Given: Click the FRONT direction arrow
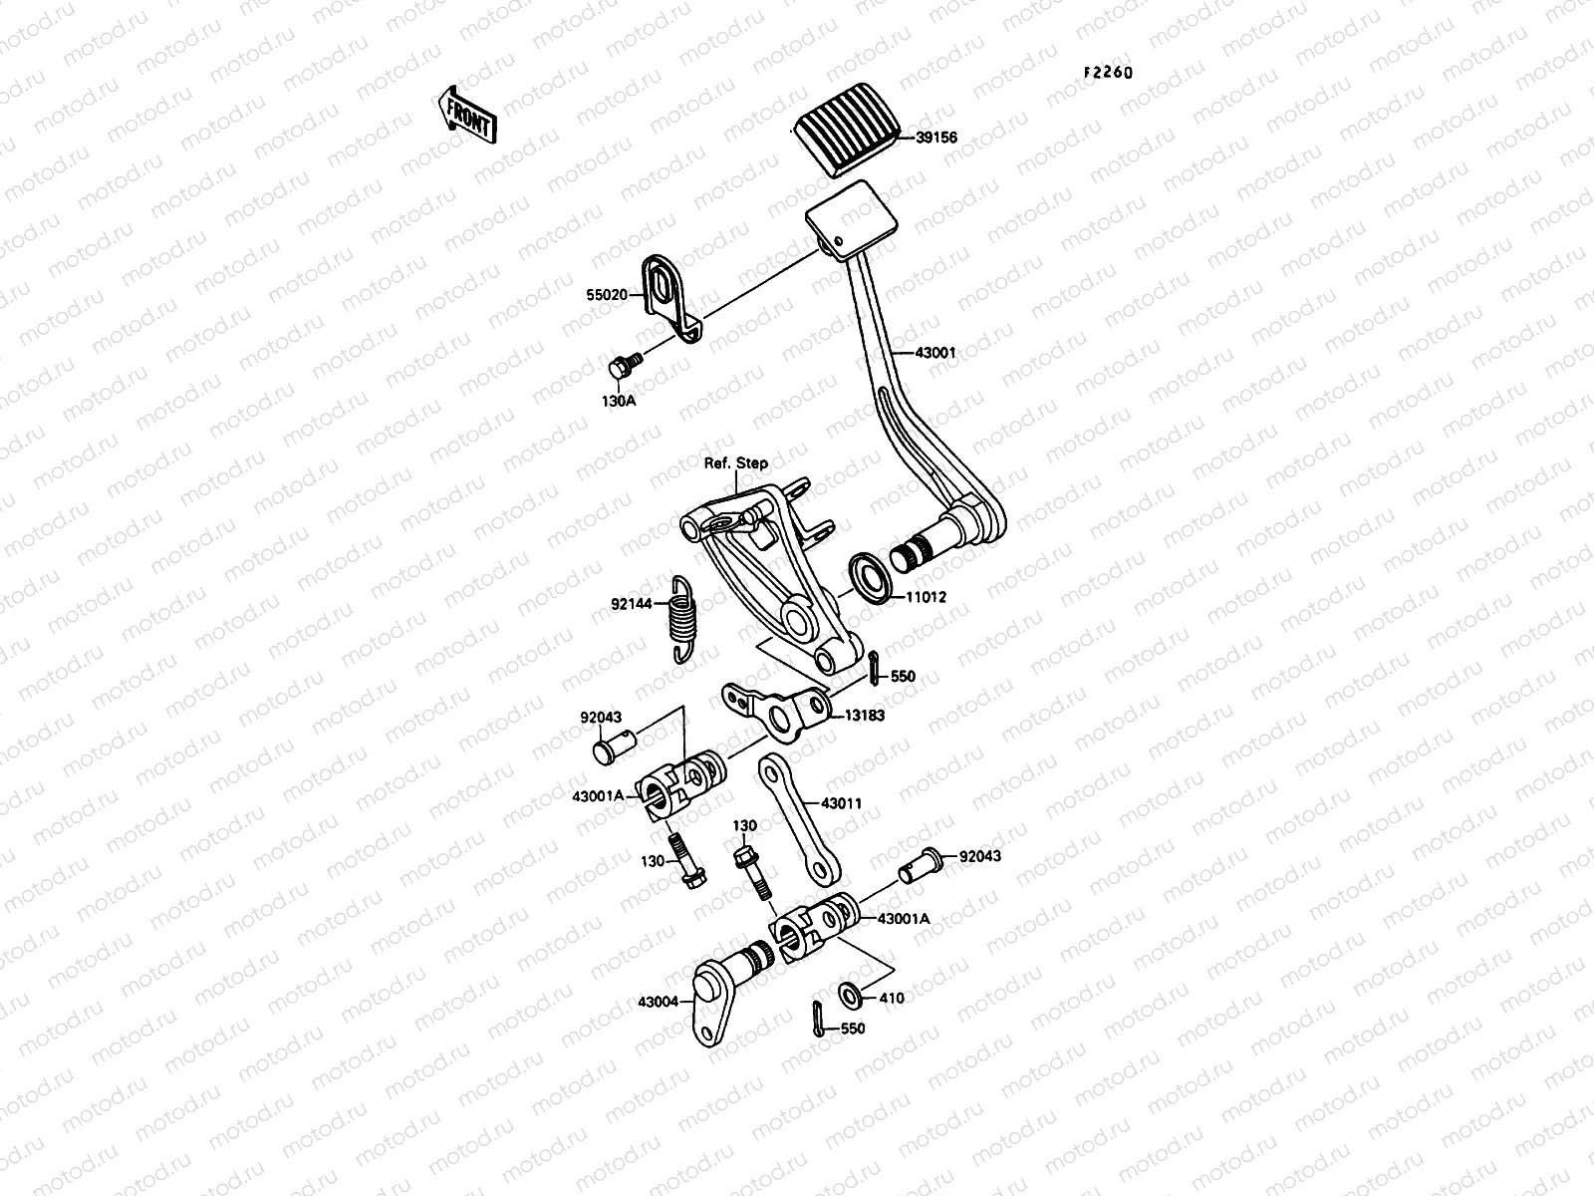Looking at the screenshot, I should pyautogui.click(x=465, y=112).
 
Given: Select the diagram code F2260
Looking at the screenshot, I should pyautogui.click(x=1109, y=73).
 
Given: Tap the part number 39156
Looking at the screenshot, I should pyautogui.click(x=935, y=138).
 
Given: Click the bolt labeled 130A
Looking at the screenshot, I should pyautogui.click(x=621, y=369).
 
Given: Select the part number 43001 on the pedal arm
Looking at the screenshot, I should pyautogui.click(x=936, y=353).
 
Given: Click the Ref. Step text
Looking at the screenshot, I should pyautogui.click(x=737, y=463).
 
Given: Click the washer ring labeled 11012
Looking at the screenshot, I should pyautogui.click(x=870, y=580).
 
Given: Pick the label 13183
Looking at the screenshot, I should pyautogui.click(x=865, y=715).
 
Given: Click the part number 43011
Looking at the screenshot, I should pyautogui.click(x=842, y=803).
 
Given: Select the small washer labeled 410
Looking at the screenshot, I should pyautogui.click(x=851, y=993).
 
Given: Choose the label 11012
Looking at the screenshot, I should pyautogui.click(x=925, y=597).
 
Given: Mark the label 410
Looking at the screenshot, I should pyautogui.click(x=892, y=998).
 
